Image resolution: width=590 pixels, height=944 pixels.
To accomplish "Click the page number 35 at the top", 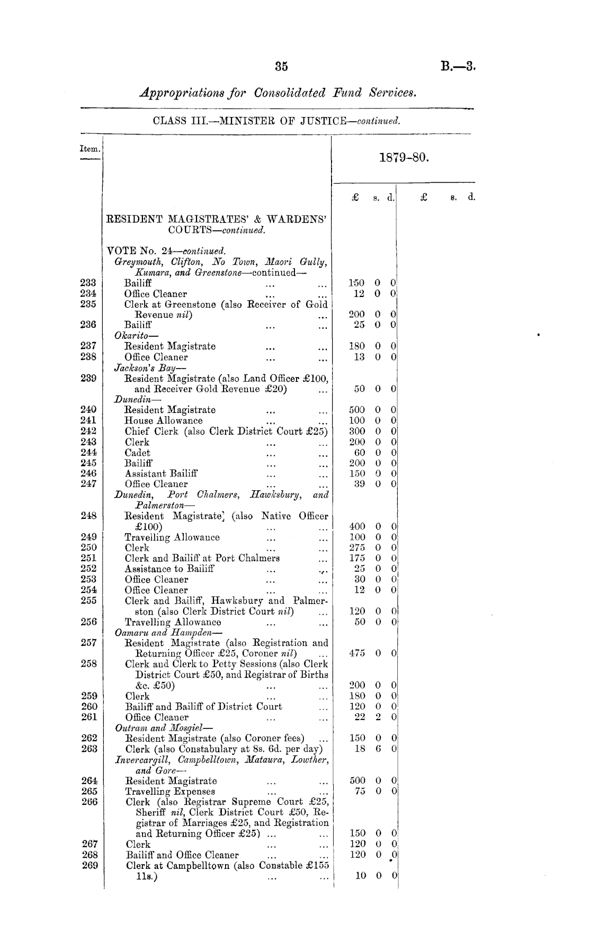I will click(x=281, y=67).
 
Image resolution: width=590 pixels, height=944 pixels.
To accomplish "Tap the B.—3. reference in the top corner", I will click(x=458, y=67).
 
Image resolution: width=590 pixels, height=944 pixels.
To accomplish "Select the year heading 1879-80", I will click(x=404, y=158).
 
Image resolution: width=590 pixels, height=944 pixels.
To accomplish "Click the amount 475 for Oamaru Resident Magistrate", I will click(x=357, y=653).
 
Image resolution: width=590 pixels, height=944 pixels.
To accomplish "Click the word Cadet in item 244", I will click(x=137, y=453).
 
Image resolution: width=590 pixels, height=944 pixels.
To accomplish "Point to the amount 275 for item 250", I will click(x=357, y=547).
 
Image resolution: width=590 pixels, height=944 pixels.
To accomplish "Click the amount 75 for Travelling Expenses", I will click(x=360, y=791).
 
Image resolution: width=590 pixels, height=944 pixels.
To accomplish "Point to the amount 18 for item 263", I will click(x=360, y=749).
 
